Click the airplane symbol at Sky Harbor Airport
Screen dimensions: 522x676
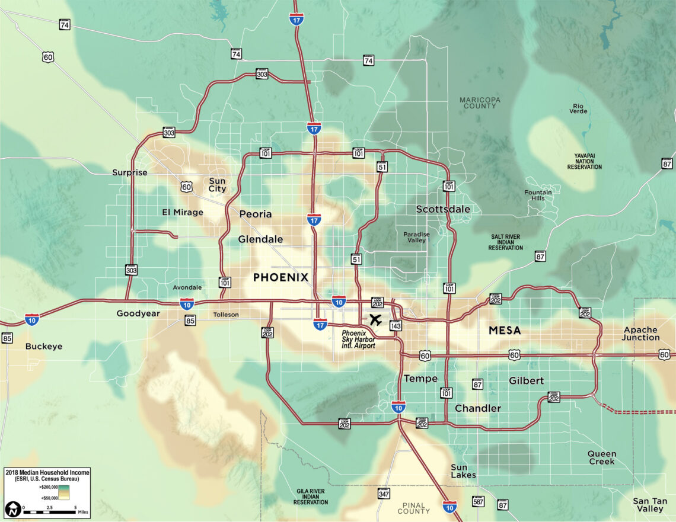[x=375, y=320]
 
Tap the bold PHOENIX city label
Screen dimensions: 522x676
[x=280, y=277]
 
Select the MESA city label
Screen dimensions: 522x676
[x=505, y=330]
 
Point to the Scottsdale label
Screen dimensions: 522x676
[x=443, y=209]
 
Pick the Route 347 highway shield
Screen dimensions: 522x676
[x=384, y=494]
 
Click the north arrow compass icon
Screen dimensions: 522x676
[x=12, y=509]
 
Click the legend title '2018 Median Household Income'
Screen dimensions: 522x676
[x=47, y=472]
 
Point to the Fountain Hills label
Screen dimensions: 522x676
[x=538, y=196]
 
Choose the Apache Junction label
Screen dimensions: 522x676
[x=640, y=334]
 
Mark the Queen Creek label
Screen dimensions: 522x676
[x=601, y=457]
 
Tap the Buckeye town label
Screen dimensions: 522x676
[x=44, y=346]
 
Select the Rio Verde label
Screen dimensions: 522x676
[x=579, y=108]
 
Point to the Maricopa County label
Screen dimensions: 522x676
[x=480, y=103]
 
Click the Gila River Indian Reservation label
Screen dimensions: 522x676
[x=310, y=497]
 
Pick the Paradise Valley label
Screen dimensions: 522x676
[x=416, y=237]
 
